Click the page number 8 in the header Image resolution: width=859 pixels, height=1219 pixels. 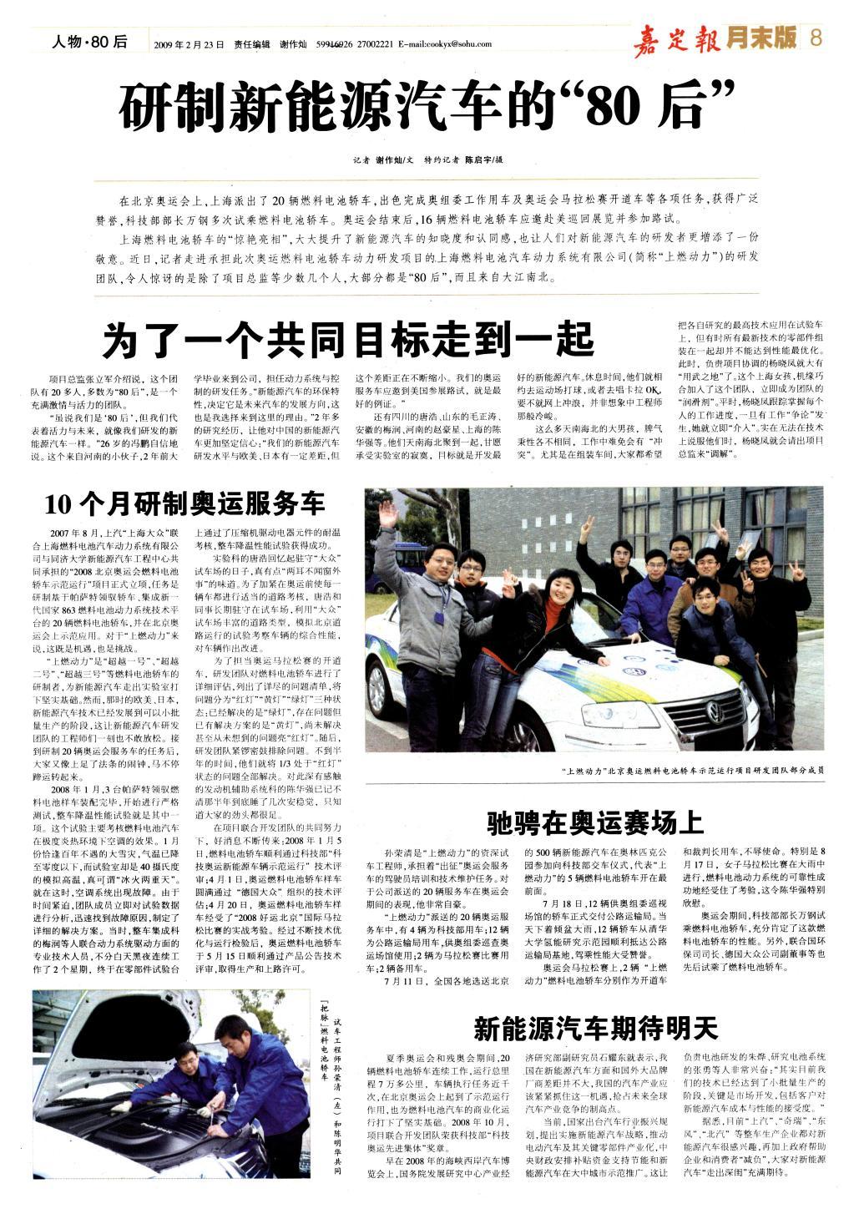pos(816,38)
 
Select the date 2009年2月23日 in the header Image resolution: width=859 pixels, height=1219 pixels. pos(189,44)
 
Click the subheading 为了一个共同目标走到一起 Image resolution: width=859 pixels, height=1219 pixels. pos(348,341)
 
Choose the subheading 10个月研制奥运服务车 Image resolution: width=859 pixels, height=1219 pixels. pos(184,503)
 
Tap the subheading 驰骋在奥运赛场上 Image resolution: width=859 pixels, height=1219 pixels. pos(595,799)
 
